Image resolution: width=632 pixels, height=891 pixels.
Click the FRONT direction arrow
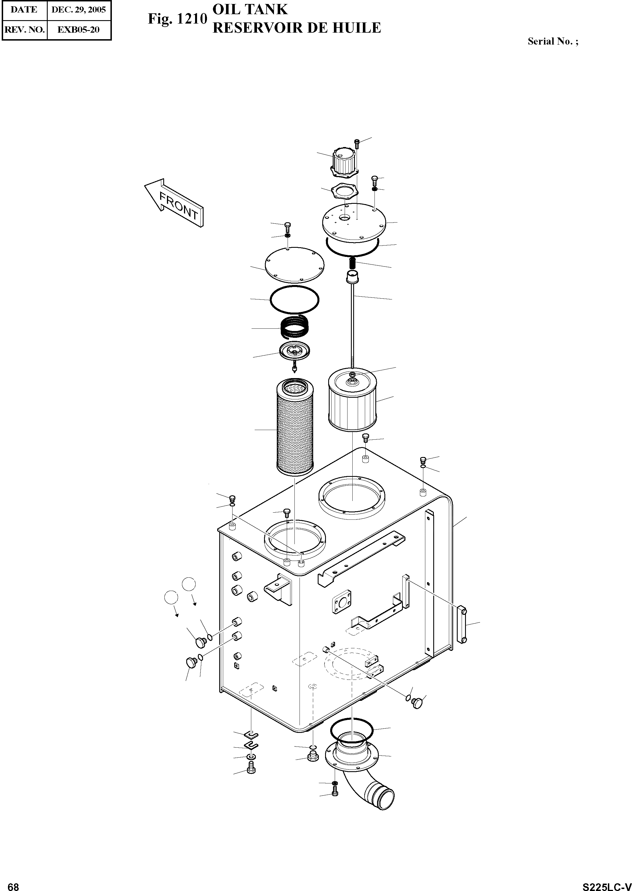tap(175, 202)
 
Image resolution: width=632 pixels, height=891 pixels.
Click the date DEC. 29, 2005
tap(79, 10)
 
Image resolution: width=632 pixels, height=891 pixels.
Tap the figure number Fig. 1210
tap(177, 19)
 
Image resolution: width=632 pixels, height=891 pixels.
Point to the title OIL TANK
tap(250, 9)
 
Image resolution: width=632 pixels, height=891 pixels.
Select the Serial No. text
tap(553, 41)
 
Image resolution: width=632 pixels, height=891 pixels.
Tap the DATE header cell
tap(24, 10)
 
